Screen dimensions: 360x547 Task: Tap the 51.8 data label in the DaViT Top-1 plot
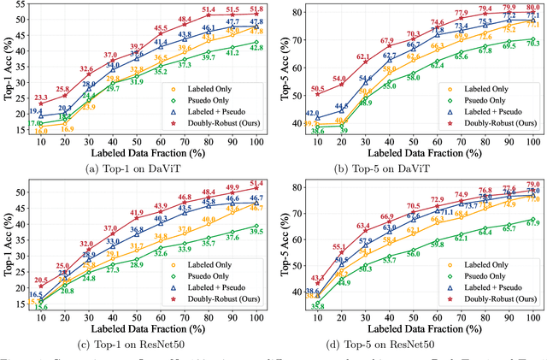(256, 9)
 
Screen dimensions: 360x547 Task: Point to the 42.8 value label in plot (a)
(256, 48)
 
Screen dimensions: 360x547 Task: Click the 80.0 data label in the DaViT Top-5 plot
(531, 7)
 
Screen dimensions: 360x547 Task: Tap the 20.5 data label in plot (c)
(41, 280)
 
